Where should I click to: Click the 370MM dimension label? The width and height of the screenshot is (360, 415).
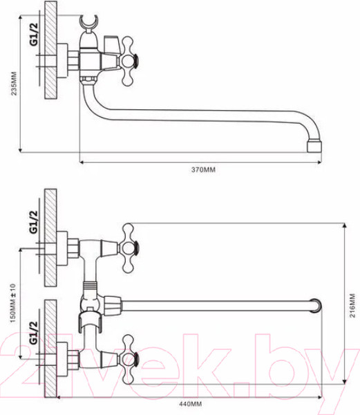pos(203,169)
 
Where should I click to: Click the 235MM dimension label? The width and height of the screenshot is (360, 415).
pos(14,84)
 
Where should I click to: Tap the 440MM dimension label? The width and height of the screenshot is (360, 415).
pos(190,404)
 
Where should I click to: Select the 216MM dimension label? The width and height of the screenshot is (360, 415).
pos(352,306)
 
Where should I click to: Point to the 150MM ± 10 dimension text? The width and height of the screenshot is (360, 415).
pos(12,304)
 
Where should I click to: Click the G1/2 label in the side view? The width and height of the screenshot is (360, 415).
pos(34,35)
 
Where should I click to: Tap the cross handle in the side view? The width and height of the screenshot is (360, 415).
pos(129,61)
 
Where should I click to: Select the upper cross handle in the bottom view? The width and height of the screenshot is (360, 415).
pos(129,248)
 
